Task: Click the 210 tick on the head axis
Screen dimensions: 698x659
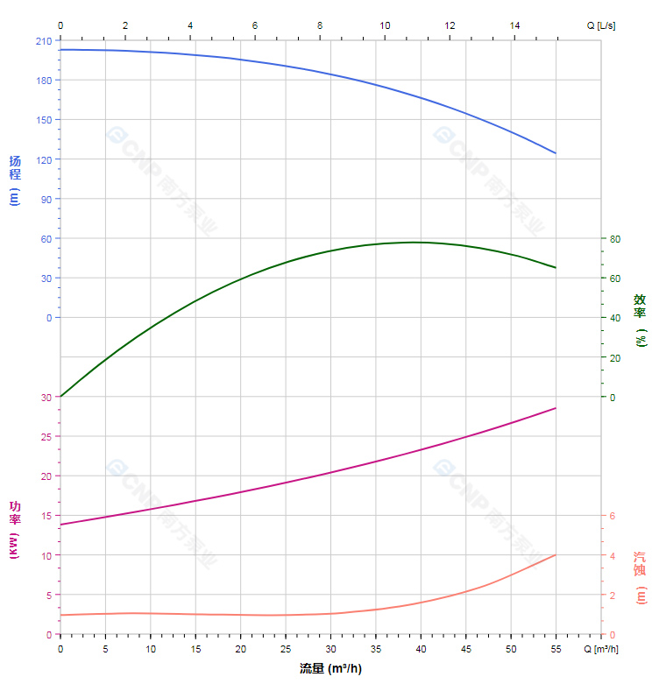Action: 44,41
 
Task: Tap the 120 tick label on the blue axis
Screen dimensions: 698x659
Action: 44,159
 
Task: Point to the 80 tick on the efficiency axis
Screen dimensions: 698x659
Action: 615,239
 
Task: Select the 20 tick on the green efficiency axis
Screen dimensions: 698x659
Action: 615,357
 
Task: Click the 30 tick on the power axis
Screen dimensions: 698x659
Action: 46,398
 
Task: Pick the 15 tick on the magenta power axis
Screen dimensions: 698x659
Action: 46,516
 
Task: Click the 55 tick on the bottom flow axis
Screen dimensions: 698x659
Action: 556,649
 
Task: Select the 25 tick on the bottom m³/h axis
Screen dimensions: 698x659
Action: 286,649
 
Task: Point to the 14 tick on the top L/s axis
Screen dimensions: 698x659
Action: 515,26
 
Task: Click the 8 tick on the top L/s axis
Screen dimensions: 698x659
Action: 320,26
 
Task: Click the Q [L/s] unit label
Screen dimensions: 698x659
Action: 601,26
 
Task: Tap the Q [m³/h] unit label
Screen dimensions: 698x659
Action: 602,649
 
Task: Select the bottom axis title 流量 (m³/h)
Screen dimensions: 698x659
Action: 330,669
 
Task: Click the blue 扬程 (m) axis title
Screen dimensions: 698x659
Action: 14,180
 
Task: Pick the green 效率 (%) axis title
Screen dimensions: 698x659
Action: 641,320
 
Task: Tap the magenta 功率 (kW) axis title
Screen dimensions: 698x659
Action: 14,531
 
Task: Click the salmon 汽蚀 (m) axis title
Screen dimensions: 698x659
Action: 641,578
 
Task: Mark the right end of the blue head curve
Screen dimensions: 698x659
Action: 556,153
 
